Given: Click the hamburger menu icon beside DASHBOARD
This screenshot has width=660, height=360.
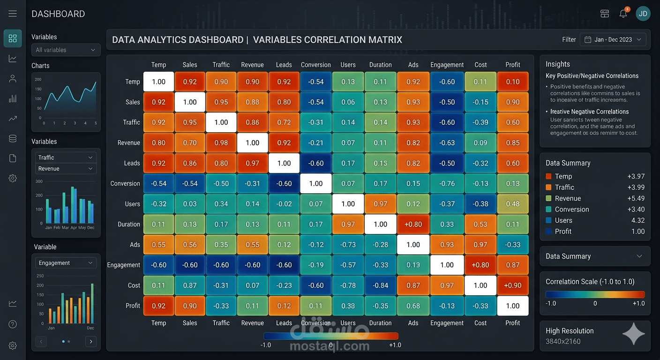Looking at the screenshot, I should [x=13, y=14].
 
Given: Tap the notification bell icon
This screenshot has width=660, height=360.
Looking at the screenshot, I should [x=623, y=14].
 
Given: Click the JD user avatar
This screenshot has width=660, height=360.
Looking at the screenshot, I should [x=643, y=14].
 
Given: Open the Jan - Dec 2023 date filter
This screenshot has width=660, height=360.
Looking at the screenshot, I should [x=613, y=40].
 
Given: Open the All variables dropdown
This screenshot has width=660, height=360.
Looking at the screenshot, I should [x=66, y=50].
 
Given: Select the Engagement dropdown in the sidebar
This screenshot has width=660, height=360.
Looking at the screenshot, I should [x=66, y=263].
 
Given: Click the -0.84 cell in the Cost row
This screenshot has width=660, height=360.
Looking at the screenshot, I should [x=380, y=285].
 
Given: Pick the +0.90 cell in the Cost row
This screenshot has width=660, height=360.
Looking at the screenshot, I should [x=513, y=285].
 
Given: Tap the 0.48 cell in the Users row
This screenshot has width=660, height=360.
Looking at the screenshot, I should [x=513, y=204].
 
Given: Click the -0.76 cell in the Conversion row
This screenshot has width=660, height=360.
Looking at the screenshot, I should [x=447, y=183].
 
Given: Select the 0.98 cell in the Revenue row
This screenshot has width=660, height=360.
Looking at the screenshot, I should [x=221, y=142].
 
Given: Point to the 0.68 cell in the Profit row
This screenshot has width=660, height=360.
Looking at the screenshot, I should [x=413, y=306].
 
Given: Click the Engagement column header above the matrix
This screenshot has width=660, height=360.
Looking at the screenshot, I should [x=447, y=65].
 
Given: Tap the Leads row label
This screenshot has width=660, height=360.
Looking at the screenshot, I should [x=132, y=163].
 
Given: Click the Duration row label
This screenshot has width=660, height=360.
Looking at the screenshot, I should [x=129, y=224].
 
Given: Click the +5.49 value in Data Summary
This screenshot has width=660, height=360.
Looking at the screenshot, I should [x=636, y=198].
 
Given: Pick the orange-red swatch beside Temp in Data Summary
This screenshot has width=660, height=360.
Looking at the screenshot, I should [x=549, y=177].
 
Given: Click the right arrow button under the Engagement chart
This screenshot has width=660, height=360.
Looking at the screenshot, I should [x=91, y=342].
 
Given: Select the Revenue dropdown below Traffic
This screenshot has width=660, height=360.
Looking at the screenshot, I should [x=66, y=169].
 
